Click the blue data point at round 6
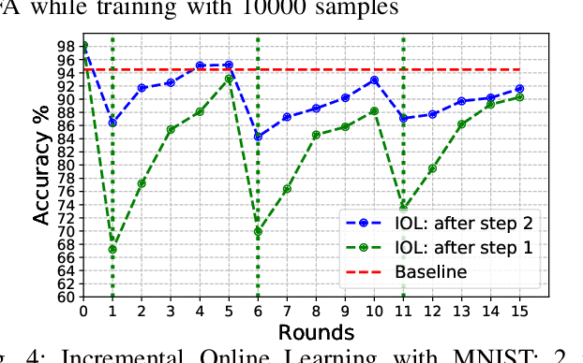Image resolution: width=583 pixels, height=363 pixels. coord(258,137)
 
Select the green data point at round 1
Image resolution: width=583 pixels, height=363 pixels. coord(112,250)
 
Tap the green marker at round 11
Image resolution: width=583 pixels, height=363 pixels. coord(403,207)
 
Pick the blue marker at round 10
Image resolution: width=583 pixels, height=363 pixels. coord(374,80)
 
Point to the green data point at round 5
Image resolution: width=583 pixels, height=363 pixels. coord(229,80)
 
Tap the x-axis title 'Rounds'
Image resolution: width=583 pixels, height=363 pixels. coord(302,332)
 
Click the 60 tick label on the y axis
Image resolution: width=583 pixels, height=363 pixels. coord(67,297)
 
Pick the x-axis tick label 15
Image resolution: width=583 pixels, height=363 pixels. coord(519,311)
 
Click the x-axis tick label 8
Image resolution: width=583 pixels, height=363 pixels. coord(316,311)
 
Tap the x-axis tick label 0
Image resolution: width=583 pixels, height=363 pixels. coord(83,311)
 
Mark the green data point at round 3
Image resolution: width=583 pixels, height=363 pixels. coord(171,130)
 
